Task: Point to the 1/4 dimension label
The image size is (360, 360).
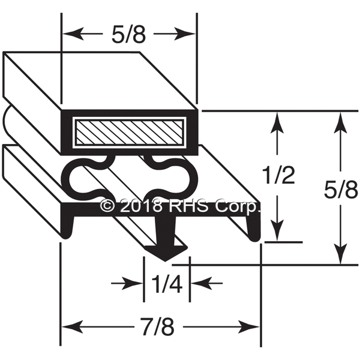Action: coord(167,281)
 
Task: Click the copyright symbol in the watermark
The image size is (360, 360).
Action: coord(107,206)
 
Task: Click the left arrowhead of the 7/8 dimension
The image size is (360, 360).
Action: coord(68,328)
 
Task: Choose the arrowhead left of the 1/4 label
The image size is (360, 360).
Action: coord(137,281)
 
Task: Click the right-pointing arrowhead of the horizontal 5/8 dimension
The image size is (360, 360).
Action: coord(190,34)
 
